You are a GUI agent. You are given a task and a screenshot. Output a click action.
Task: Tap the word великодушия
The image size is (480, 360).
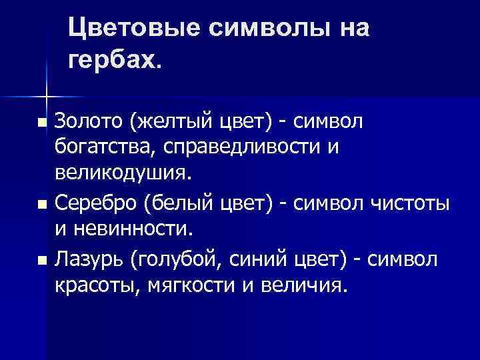[x=123, y=173]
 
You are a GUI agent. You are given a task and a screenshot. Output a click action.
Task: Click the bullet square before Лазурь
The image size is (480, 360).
[x=43, y=259]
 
